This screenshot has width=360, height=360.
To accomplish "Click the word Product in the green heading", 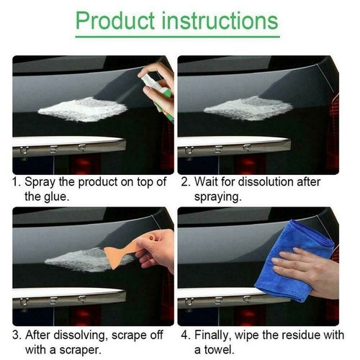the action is coord(115,21).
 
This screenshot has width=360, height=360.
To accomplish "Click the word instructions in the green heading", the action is coord(220,21).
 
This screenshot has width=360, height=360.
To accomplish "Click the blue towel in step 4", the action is coord(295,261).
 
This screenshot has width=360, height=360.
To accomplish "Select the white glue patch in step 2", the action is coord(248,108).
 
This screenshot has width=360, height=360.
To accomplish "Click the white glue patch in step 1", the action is coord(83,109).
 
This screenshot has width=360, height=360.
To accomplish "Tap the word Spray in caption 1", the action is coord(40,182).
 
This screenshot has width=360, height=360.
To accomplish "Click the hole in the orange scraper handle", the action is coord(151,238).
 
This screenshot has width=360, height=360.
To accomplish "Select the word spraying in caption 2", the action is coord(217,197).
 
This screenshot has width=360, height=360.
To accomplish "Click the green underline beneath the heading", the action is coord(178,37).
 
